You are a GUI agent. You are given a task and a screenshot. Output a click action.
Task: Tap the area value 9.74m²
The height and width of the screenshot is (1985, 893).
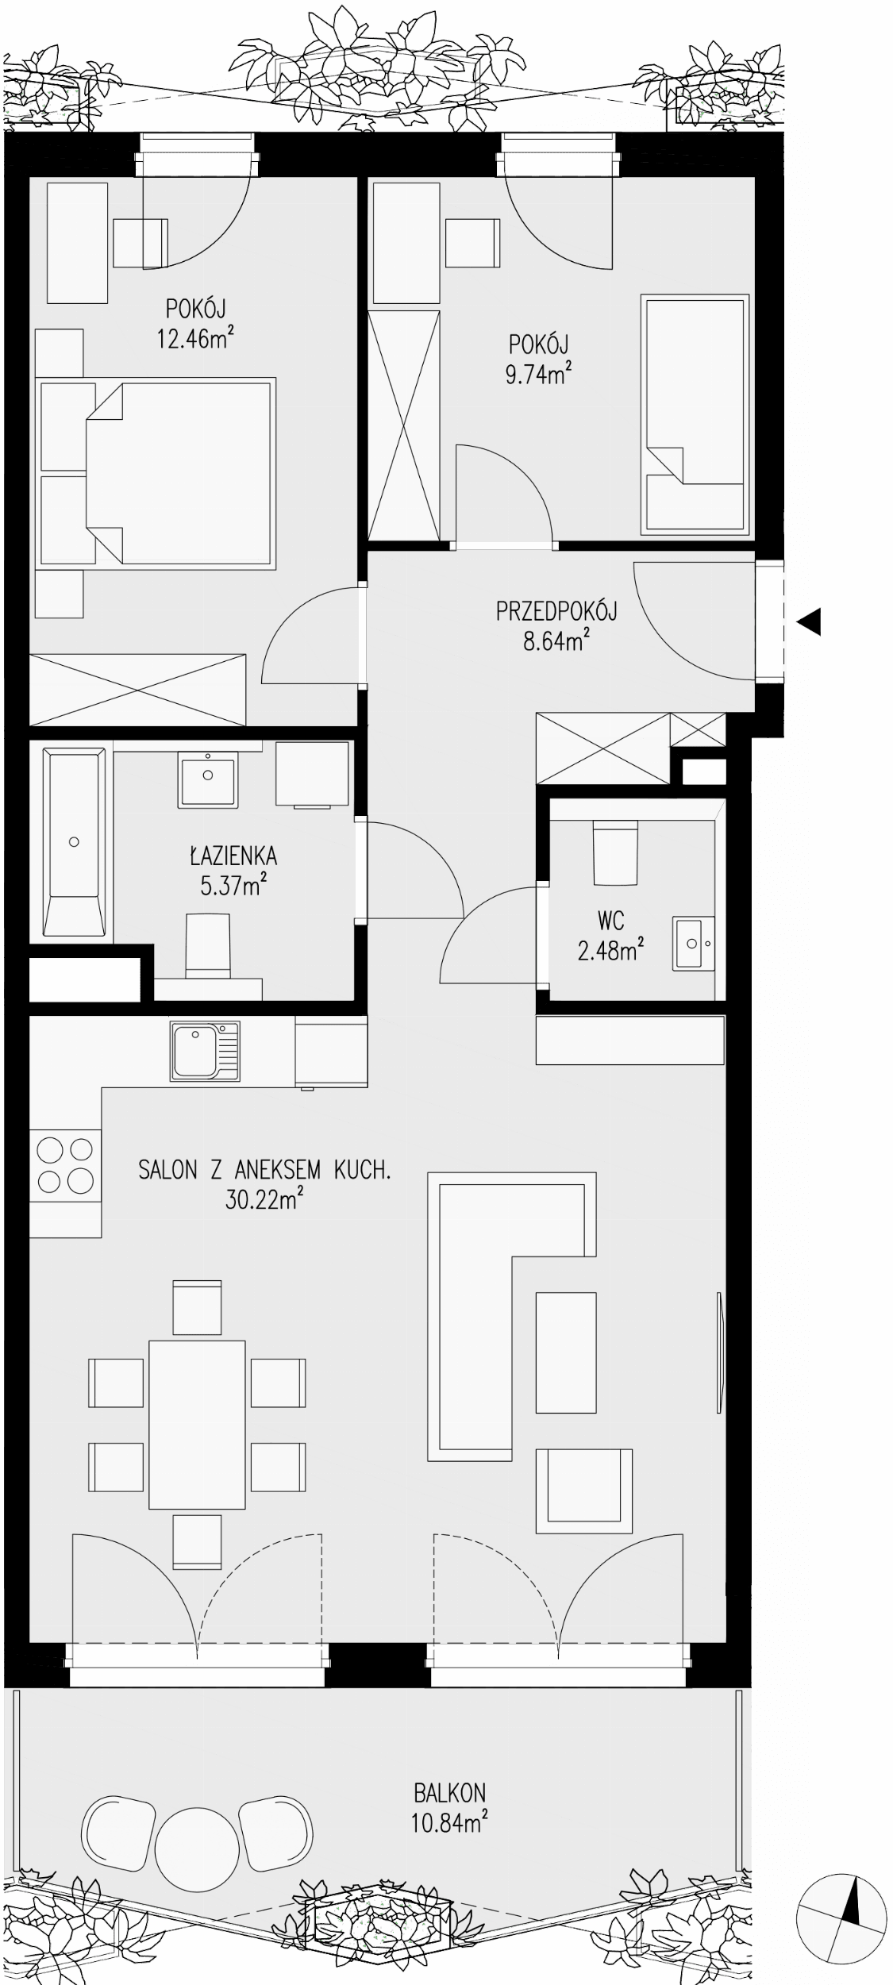(539, 373)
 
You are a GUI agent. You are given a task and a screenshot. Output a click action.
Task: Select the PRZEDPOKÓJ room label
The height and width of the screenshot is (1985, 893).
(556, 611)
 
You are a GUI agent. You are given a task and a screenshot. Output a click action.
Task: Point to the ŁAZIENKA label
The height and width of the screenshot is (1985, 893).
(233, 856)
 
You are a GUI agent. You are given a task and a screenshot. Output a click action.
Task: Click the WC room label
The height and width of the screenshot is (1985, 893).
(610, 921)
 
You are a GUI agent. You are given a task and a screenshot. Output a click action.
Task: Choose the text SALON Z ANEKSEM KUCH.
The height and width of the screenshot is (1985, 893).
(264, 1171)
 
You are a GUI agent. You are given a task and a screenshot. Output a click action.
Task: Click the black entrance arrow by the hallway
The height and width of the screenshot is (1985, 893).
(808, 621)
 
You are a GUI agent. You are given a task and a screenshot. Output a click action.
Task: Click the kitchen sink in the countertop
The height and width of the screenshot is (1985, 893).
(205, 1052)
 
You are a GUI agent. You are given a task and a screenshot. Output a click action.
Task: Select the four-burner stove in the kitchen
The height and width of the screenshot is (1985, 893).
(66, 1165)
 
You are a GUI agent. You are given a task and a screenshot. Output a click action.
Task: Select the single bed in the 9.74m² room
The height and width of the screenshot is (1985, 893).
(695, 414)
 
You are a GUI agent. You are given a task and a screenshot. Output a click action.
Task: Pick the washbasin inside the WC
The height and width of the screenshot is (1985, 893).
(695, 943)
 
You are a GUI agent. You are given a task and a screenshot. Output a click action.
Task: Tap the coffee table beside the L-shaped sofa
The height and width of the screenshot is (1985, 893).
(566, 1352)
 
